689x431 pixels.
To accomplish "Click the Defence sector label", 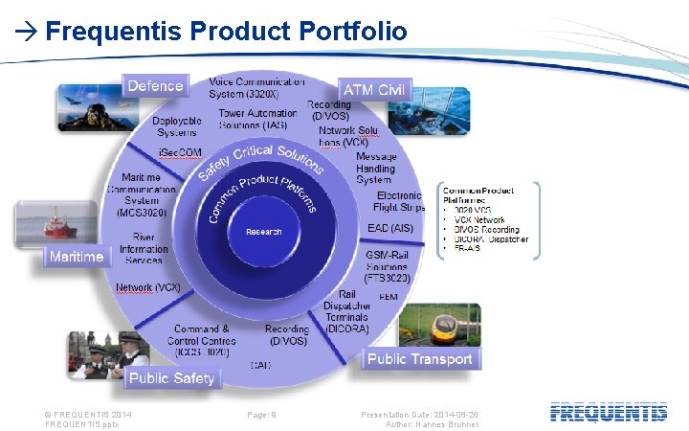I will point(154,86).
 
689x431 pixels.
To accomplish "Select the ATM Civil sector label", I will point(374,89).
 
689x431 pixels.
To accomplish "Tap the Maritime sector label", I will point(76,257).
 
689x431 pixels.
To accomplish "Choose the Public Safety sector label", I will point(171,378).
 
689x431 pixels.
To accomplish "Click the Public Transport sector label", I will point(420,359).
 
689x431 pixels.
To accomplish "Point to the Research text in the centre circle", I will point(263,232).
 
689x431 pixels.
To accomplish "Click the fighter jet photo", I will point(87,105).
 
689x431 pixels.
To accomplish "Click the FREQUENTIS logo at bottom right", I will point(609,413).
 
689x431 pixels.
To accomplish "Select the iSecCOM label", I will point(180,153).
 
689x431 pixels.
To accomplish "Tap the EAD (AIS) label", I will point(390,228).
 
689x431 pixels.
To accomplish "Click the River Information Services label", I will point(144,249).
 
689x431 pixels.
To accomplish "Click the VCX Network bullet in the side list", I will point(479,219).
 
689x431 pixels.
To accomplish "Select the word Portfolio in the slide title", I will point(352,32).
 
